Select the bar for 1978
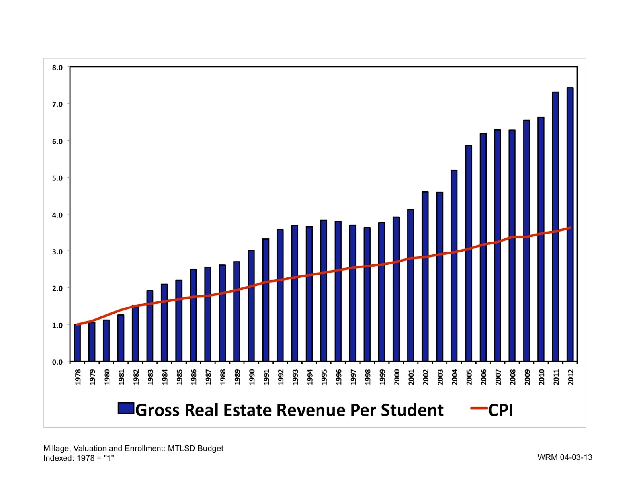(x=77, y=343)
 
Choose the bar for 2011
(x=555, y=227)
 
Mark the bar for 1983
(x=150, y=326)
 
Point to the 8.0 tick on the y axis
(x=57, y=68)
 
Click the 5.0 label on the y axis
(x=57, y=178)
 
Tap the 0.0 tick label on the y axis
(x=57, y=362)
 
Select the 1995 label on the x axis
(x=324, y=377)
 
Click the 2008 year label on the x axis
(x=512, y=377)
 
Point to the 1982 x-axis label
(x=136, y=377)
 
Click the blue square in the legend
(x=126, y=408)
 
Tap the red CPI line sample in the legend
(x=479, y=408)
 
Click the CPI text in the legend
(x=501, y=410)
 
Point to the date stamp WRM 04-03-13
(x=565, y=457)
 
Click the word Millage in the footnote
(x=56, y=449)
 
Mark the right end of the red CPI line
(x=570, y=228)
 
